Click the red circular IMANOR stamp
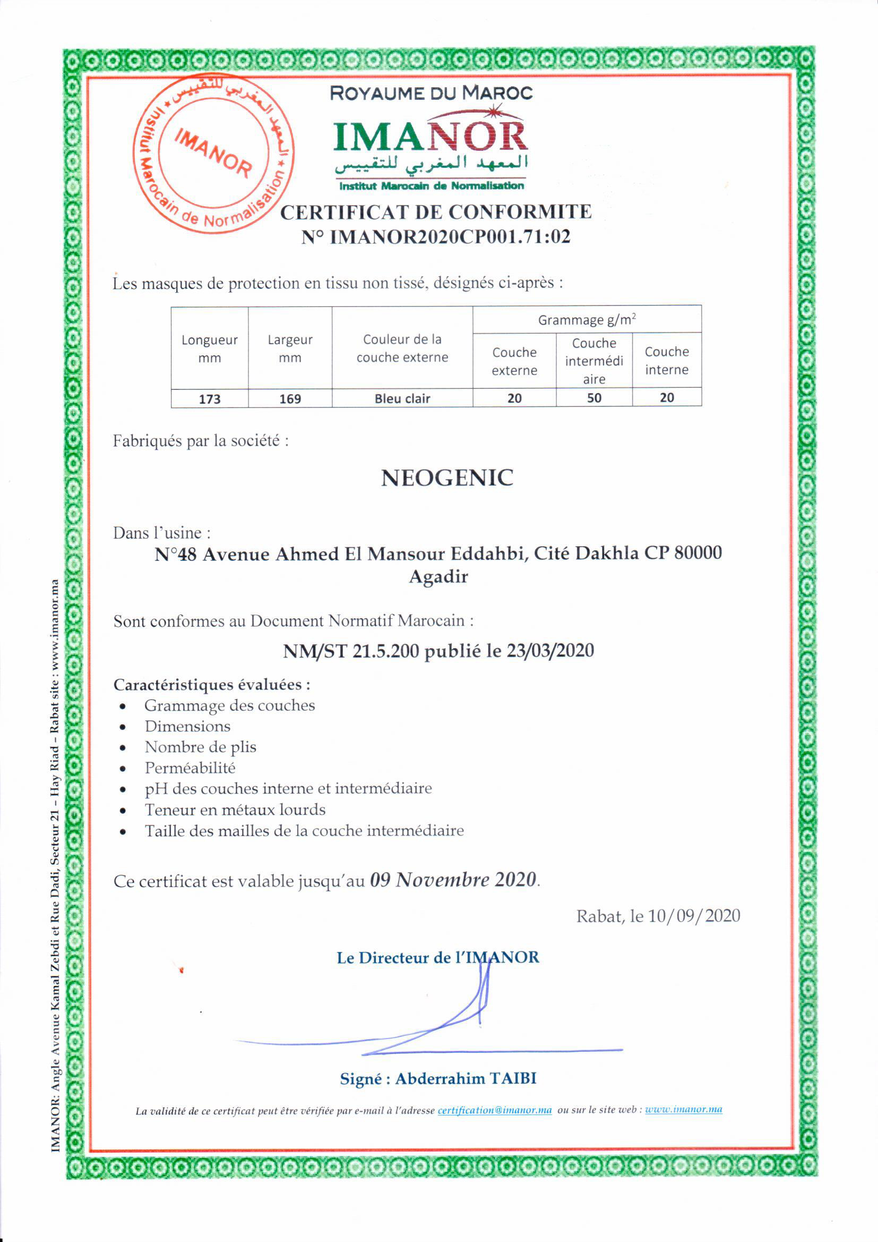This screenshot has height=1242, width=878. point(213,154)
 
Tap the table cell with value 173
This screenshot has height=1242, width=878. point(209,398)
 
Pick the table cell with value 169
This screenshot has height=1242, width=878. point(290,398)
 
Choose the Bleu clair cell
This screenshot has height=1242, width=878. point(402,398)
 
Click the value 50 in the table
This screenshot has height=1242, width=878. point(593,398)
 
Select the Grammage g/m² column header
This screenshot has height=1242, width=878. point(587,320)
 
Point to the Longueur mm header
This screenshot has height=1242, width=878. point(209,349)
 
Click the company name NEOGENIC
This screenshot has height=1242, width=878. point(447,478)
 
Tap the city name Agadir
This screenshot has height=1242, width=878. point(438,577)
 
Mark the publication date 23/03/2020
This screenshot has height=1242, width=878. point(550,650)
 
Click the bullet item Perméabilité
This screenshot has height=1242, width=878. point(190,768)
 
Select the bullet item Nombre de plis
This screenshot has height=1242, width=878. point(200,747)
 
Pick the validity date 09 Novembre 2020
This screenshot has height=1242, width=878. point(453,880)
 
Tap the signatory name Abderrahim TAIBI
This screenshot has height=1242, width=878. point(466,1078)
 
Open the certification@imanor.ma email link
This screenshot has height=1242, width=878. point(495,1111)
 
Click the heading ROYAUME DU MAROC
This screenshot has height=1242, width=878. point(431,93)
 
